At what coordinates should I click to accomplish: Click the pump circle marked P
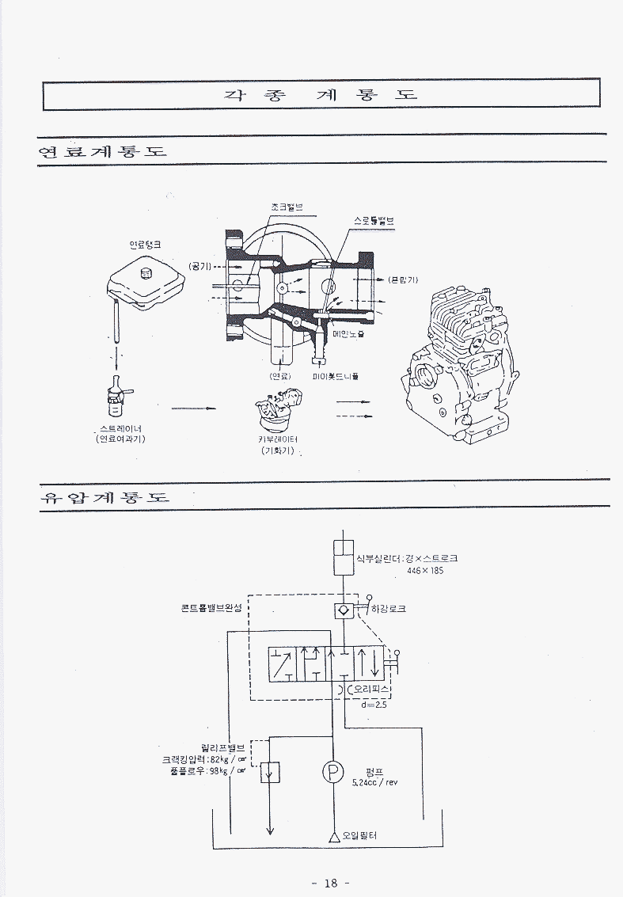pos(333,770)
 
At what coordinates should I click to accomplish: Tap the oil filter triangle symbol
pos(334,835)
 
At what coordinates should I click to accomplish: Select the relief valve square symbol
pos(270,770)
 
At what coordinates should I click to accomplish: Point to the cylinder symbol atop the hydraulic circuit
pos(344,557)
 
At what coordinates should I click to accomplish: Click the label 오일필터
pos(359,835)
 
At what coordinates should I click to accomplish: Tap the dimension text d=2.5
pos(374,705)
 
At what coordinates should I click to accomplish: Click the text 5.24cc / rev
pos(374,782)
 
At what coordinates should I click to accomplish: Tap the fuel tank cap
pos(145,274)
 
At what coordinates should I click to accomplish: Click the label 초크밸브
pos(286,207)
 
